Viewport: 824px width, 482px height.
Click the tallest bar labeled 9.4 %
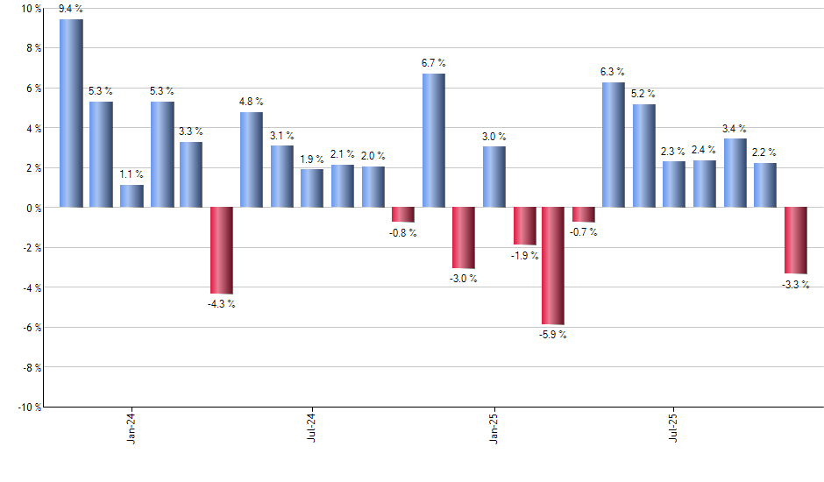[71, 113]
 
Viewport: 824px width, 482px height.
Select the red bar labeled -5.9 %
[553, 266]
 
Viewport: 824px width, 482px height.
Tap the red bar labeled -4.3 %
[221, 250]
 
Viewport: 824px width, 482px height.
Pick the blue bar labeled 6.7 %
[433, 140]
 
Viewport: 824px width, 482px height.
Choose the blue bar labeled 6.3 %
[614, 145]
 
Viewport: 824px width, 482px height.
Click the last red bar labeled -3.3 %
[795, 240]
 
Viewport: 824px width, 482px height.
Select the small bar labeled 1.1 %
[131, 196]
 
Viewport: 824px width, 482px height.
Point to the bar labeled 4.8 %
[252, 159]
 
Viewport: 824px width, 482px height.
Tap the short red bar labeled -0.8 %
[403, 215]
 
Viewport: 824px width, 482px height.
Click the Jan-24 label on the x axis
[132, 429]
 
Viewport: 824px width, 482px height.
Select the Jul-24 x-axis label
[313, 429]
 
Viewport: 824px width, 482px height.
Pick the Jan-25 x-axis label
[494, 429]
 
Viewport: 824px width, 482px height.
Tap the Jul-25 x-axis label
[674, 429]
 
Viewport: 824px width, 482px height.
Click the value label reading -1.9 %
[524, 255]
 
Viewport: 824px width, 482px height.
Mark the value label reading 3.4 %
[735, 129]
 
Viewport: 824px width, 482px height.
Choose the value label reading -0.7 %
[584, 232]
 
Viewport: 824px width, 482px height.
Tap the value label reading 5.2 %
[643, 94]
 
